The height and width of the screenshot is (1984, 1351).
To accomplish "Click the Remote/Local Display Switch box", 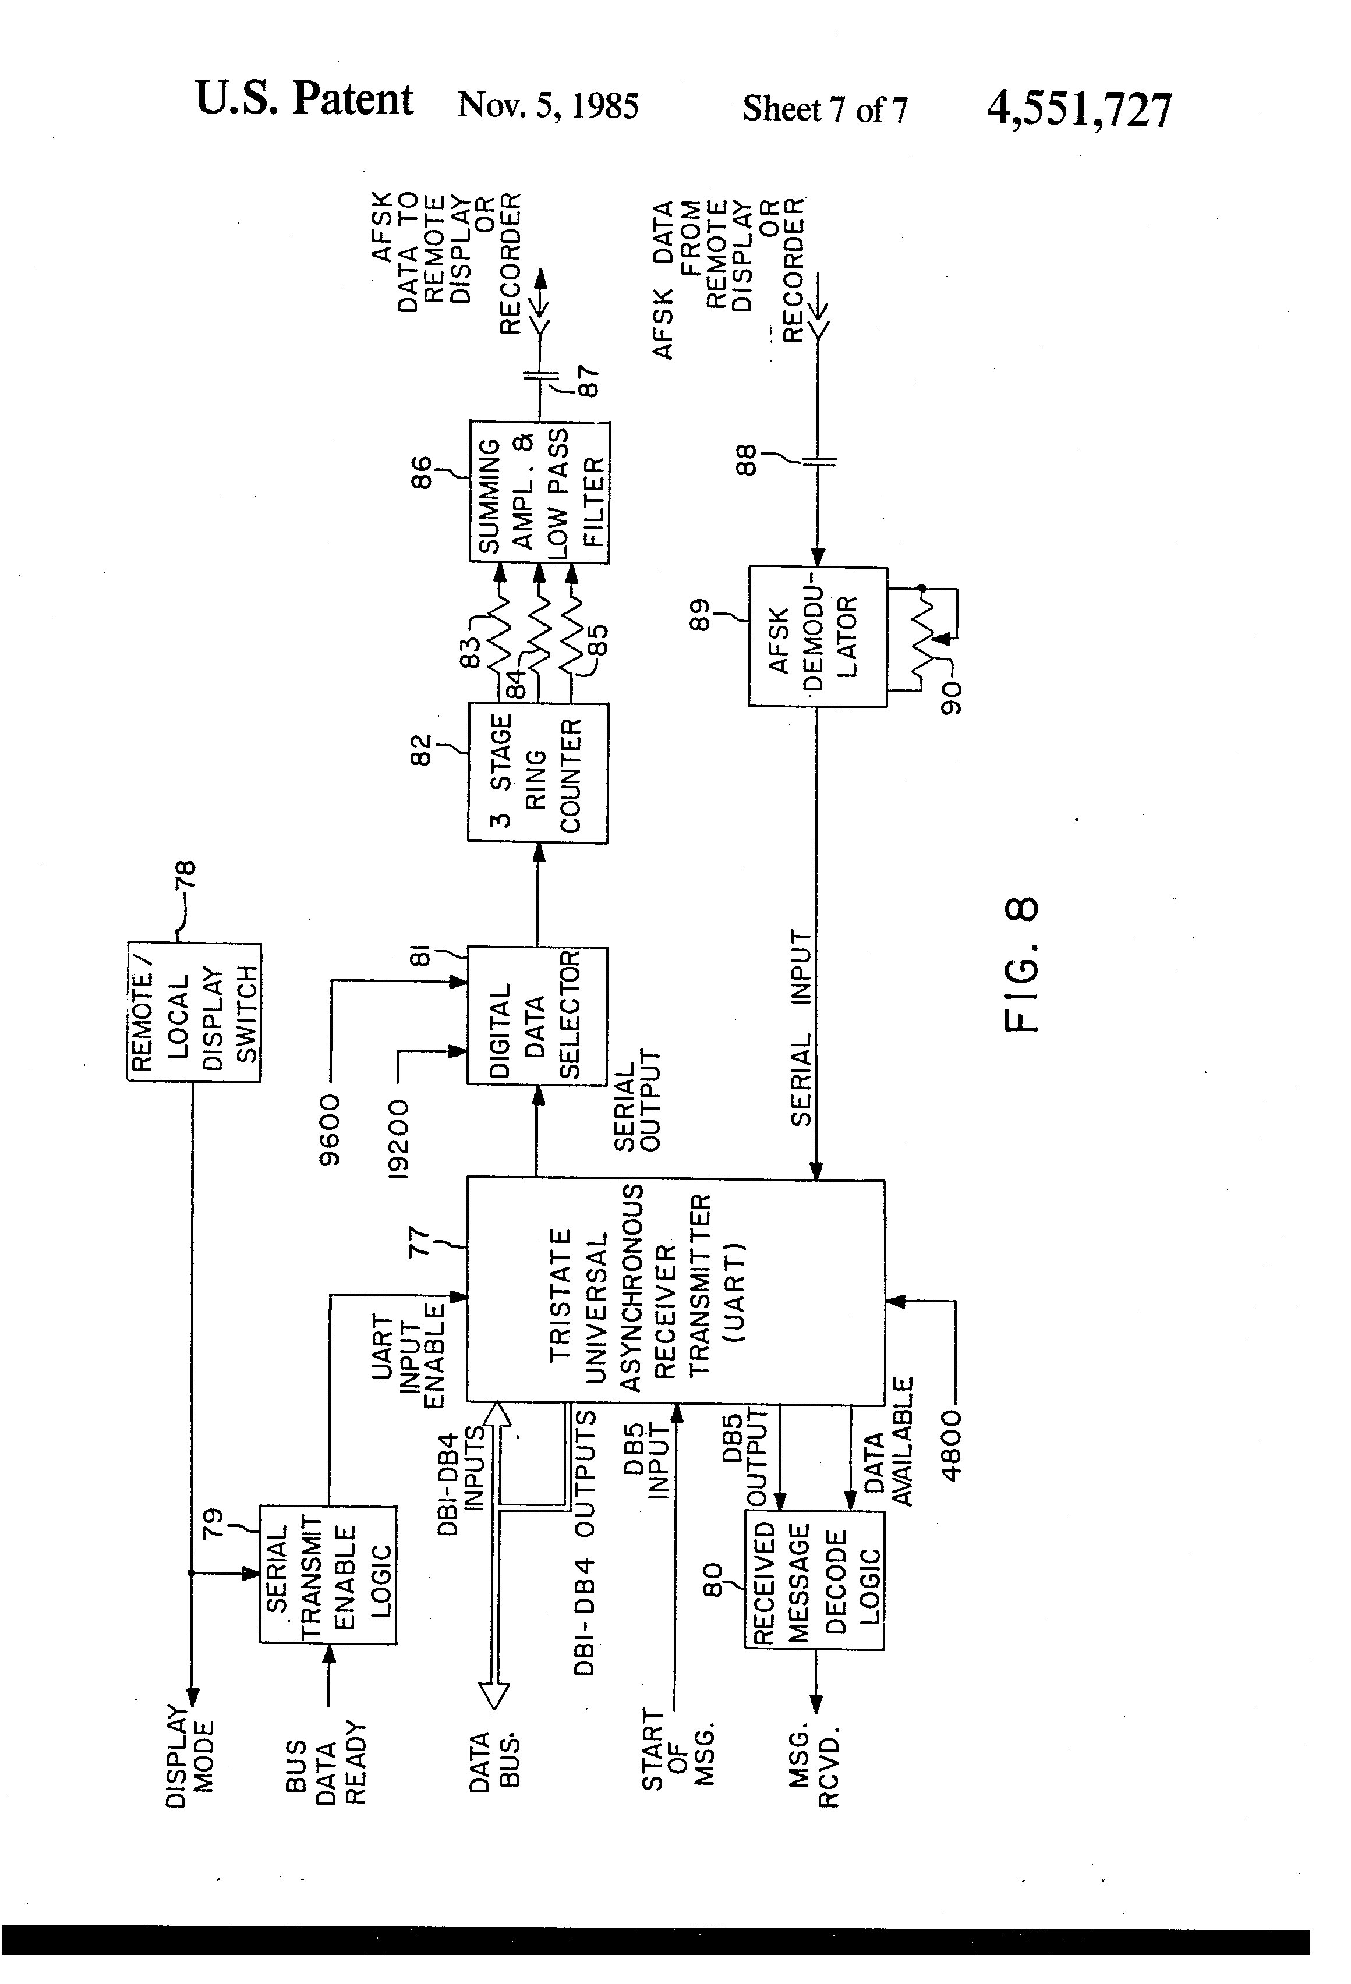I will (194, 1012).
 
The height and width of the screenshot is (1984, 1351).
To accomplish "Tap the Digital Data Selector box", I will (537, 1015).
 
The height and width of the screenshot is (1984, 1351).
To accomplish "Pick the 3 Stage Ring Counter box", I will (537, 773).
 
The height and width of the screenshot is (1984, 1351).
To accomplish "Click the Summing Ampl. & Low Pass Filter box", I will (539, 492).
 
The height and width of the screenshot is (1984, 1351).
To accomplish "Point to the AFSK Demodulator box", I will (817, 636).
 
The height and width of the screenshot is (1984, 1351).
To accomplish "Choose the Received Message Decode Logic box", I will (814, 1579).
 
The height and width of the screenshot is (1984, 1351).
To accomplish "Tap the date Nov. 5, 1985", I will (547, 106).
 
